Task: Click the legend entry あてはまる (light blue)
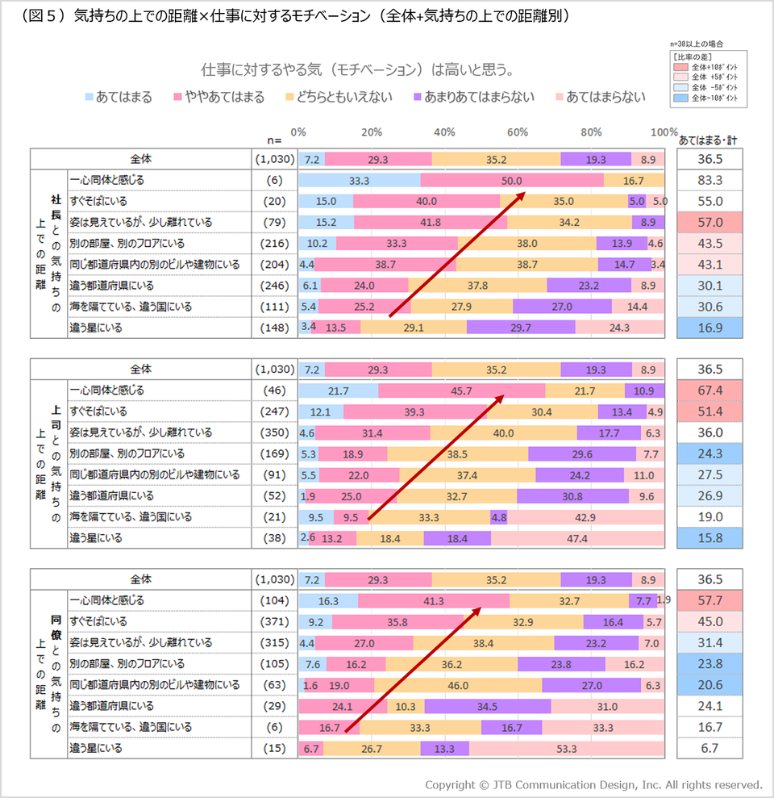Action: coord(119,97)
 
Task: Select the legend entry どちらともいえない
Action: coord(339,97)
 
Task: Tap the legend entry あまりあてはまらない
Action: coord(474,97)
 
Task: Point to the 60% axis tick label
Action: coord(517,132)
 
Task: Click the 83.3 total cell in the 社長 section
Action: coord(710,180)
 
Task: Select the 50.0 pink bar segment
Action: coord(512,181)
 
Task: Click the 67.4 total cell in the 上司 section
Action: coord(710,391)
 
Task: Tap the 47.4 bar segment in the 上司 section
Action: coord(578,538)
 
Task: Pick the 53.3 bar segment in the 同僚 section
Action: coord(567,749)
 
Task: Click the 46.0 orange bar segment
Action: coord(458,686)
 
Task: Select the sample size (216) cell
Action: coord(275,243)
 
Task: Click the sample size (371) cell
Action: coord(275,621)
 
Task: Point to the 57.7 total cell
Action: coord(710,600)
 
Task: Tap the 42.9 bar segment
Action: coord(585,517)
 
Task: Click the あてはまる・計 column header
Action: coord(708,140)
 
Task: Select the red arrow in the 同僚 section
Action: coord(413,669)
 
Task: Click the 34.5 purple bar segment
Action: coord(488,706)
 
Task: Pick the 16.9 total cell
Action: coord(710,328)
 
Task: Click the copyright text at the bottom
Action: coord(593,785)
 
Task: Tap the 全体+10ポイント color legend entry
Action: coord(705,67)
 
